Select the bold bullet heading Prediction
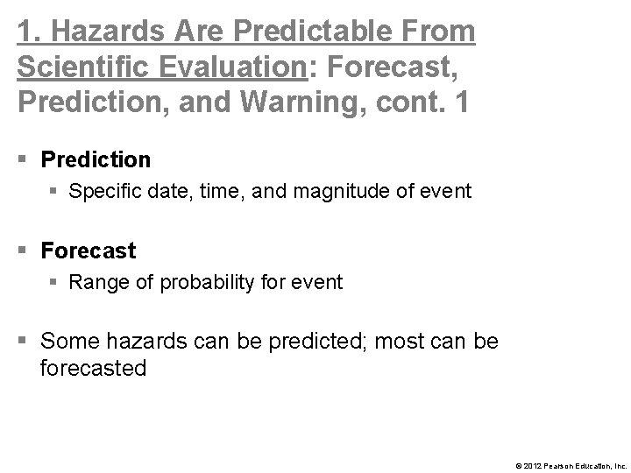pos(96,159)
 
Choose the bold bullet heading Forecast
pos(89,251)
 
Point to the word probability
pos(198,282)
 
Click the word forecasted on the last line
pos(93,368)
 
